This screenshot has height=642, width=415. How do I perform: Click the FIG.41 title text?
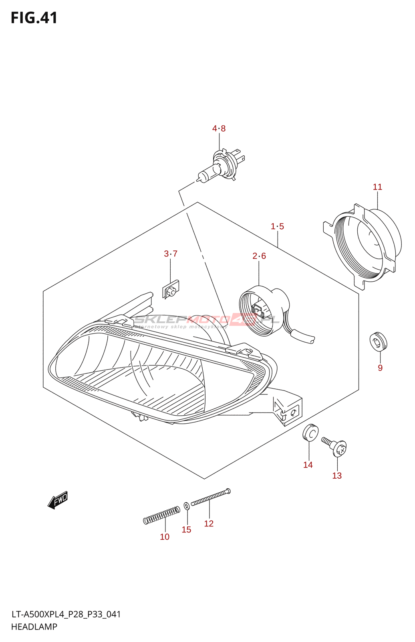(34, 18)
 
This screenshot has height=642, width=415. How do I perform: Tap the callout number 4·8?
(219, 128)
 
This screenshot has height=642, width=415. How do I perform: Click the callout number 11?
(377, 187)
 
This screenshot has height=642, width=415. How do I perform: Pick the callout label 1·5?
(277, 226)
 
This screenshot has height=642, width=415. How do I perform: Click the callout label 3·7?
(171, 254)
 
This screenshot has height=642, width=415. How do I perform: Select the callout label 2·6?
(259, 256)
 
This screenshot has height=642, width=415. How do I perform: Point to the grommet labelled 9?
(378, 341)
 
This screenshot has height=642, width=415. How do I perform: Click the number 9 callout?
(380, 368)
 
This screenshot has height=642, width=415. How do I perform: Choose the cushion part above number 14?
(310, 433)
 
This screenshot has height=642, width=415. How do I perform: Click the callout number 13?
(337, 476)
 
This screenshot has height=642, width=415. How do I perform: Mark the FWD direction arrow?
(58, 500)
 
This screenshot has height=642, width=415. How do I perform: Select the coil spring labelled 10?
(161, 516)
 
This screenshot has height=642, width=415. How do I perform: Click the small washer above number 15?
(187, 506)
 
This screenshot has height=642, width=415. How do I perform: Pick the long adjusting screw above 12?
(210, 497)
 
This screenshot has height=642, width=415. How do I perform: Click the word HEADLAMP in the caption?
(34, 627)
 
